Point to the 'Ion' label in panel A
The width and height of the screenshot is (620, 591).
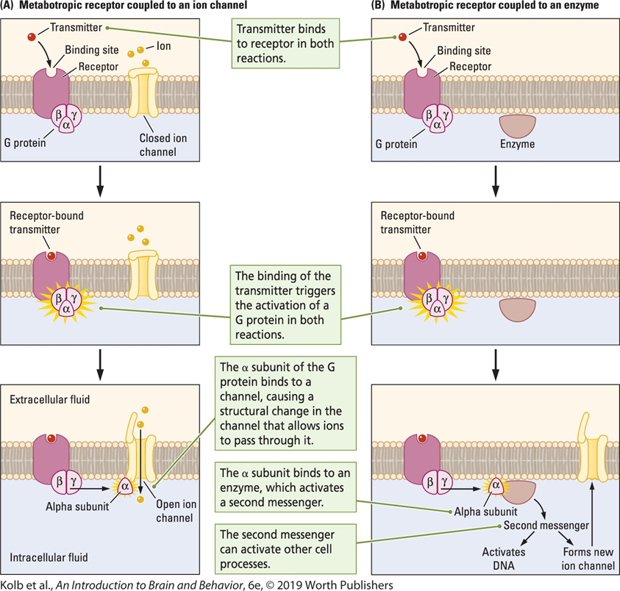click(163, 45)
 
